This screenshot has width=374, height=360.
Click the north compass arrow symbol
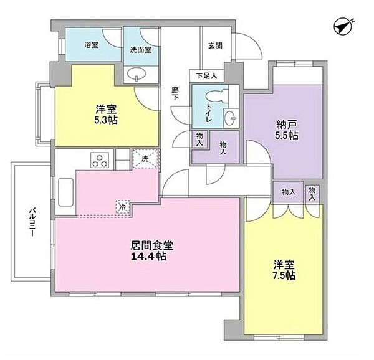point(342,26)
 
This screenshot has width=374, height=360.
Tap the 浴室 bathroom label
point(92,45)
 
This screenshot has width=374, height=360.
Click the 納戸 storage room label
point(285,123)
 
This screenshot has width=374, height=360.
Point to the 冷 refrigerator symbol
point(123,206)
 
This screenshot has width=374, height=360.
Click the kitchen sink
point(65,187)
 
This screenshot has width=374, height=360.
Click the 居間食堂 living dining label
point(147,245)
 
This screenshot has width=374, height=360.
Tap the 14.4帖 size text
point(148,257)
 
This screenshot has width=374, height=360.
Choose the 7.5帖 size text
point(284,275)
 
